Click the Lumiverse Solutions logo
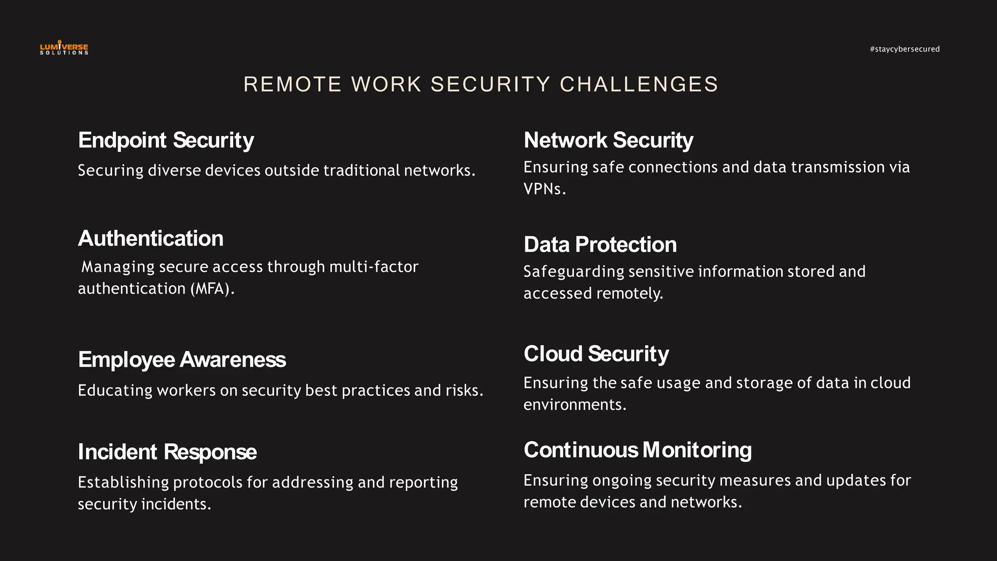pos(64,48)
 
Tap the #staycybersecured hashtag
pos(905,49)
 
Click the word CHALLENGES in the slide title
pos(639,84)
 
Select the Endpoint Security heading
pos(166,140)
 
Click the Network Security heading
pos(608,140)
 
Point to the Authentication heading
pos(150,239)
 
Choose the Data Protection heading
pos(600,244)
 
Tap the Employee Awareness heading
pos(182,360)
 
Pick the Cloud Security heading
pos(596,354)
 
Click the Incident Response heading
pos(167,452)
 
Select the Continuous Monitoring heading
pos(637,450)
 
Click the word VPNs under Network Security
pos(544,189)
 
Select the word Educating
pos(115,391)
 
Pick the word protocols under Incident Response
pos(207,483)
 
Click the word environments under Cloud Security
pos(574,405)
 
